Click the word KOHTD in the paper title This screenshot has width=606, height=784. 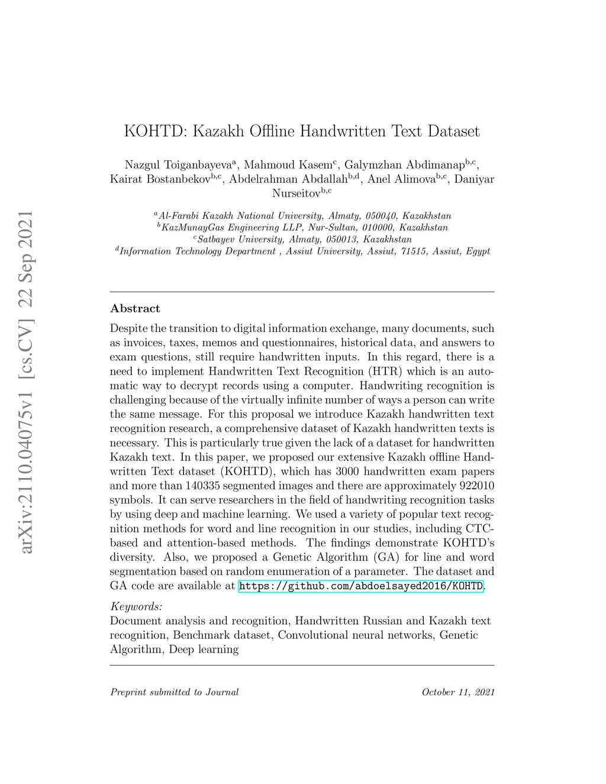[x=154, y=131]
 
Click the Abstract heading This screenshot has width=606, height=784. [x=135, y=308]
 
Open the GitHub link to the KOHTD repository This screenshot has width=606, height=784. [x=360, y=586]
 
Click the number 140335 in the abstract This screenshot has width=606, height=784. [x=204, y=486]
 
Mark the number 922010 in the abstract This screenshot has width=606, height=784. [x=476, y=486]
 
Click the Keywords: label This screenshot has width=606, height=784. [x=136, y=606]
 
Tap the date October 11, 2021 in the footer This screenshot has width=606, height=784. [x=458, y=692]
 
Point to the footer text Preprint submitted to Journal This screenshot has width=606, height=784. [x=175, y=692]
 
